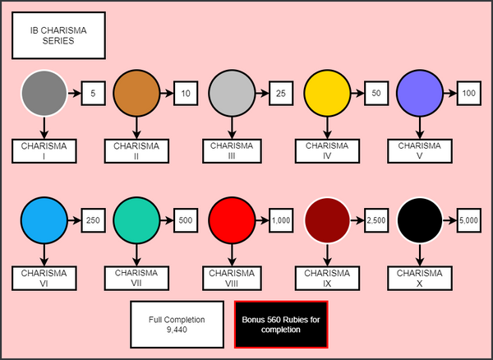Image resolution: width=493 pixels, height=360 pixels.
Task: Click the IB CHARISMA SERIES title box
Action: (x=58, y=35)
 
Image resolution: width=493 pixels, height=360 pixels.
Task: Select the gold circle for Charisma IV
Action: (x=327, y=94)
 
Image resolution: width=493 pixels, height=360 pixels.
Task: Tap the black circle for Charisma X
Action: (x=420, y=220)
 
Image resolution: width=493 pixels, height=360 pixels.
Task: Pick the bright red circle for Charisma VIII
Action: (x=232, y=220)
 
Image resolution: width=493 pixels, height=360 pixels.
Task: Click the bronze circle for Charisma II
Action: (x=136, y=94)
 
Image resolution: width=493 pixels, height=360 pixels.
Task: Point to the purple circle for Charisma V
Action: (x=420, y=94)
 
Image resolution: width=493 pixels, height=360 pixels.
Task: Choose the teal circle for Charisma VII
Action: (x=136, y=220)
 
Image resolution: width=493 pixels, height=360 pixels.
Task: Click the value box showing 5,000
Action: (x=469, y=220)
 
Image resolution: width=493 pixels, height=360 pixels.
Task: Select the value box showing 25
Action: (x=281, y=94)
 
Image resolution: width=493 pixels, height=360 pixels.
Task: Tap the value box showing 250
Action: (x=93, y=220)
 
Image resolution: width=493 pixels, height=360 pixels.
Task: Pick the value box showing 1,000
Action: (x=281, y=220)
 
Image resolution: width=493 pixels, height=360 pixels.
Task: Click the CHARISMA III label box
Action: (x=232, y=151)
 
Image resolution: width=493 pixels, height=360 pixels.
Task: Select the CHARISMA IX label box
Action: (x=327, y=279)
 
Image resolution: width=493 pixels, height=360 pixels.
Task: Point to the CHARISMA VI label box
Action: (x=44, y=279)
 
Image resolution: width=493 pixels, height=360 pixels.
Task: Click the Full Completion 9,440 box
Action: (x=177, y=325)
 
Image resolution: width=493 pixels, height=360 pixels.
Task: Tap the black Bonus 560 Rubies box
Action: (x=281, y=325)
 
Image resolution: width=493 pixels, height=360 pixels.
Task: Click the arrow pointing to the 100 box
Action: (x=450, y=94)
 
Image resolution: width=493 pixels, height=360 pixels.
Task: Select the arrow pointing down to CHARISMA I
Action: (x=44, y=128)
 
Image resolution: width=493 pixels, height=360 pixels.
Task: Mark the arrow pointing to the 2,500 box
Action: (x=357, y=220)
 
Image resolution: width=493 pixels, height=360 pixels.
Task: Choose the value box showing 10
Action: (x=186, y=94)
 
